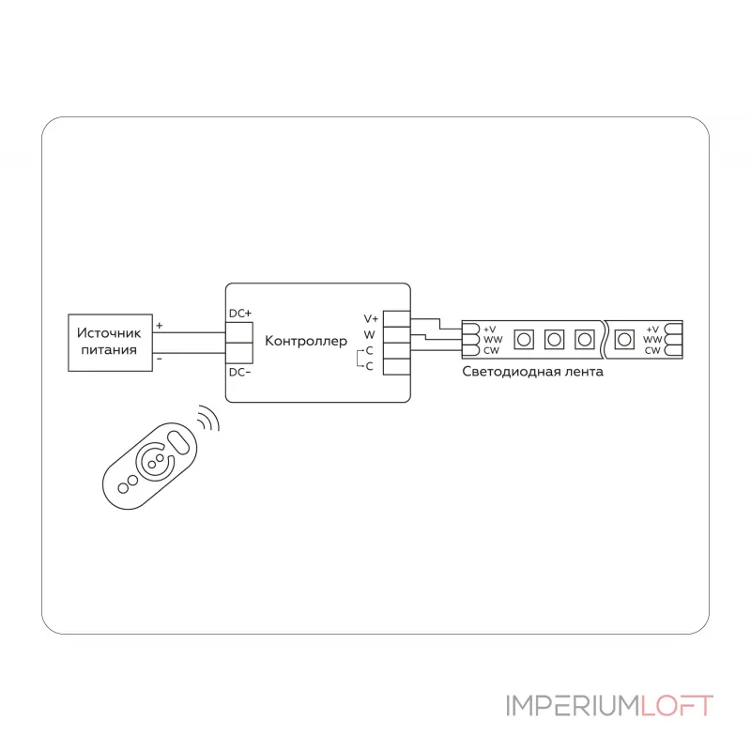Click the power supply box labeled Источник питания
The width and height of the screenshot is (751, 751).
(110, 343)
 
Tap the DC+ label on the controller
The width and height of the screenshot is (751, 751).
(240, 314)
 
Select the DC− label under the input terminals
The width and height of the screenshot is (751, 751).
(240, 372)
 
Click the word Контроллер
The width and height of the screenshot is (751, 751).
(306, 341)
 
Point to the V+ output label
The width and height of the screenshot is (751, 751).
(371, 318)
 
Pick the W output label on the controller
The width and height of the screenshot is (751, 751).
(369, 335)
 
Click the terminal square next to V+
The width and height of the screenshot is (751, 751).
(396, 319)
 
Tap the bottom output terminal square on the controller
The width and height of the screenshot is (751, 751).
(396, 367)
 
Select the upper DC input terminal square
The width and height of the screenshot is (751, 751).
(239, 332)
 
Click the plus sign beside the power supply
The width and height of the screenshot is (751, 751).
(160, 326)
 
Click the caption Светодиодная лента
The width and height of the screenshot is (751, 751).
(532, 372)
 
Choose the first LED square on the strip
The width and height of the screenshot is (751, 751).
(524, 340)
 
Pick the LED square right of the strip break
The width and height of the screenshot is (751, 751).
(624, 340)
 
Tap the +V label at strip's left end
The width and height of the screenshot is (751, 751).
(489, 330)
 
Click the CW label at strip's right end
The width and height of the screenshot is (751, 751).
(652, 350)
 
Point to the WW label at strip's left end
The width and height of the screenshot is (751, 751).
(493, 340)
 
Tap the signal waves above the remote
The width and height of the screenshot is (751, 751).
(208, 418)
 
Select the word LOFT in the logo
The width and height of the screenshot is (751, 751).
(677, 706)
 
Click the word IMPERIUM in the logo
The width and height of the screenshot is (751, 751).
(574, 706)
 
